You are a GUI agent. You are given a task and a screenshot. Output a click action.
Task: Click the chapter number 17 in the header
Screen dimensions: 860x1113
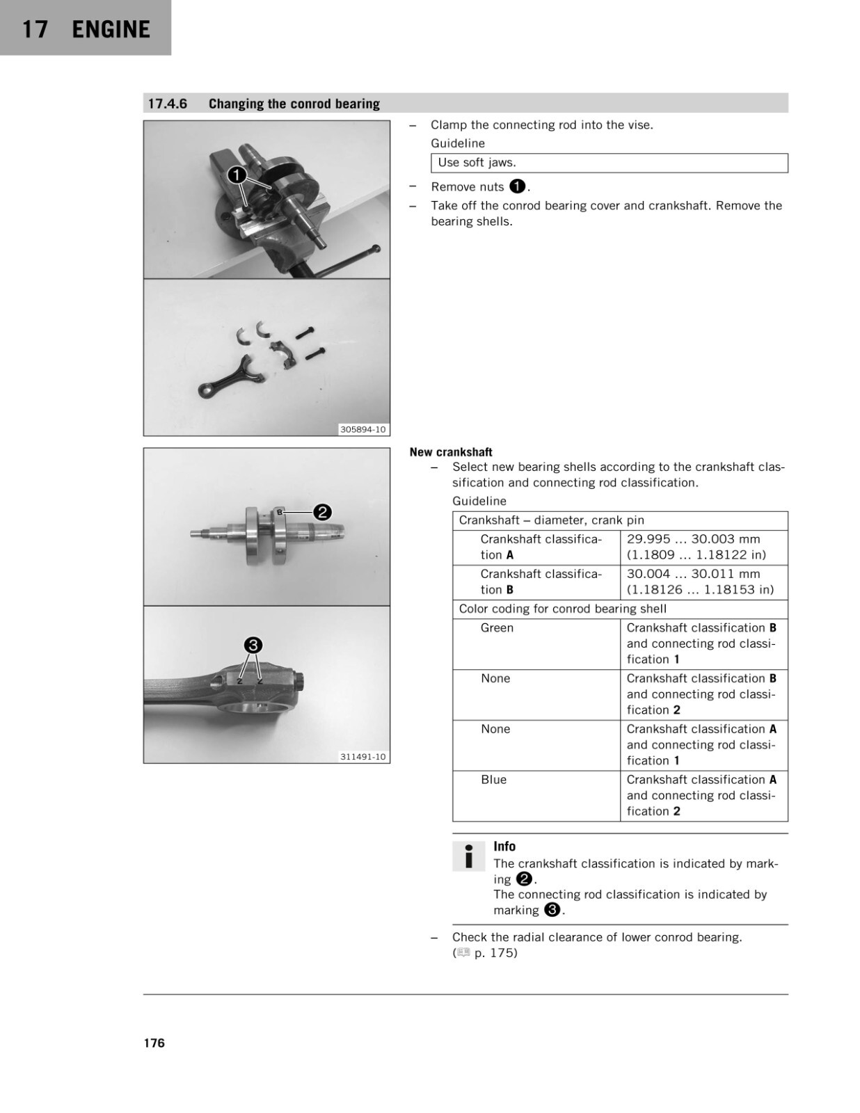[x=34, y=29]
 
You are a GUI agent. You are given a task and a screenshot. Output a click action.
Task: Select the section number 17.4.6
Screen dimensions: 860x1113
[x=168, y=104]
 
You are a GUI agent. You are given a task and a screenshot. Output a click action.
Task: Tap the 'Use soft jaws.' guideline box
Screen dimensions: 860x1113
[x=609, y=163]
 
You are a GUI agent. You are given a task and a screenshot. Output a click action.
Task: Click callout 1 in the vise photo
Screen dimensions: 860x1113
[x=237, y=175]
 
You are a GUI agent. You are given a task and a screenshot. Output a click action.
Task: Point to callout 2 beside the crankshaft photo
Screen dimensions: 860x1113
[x=322, y=512]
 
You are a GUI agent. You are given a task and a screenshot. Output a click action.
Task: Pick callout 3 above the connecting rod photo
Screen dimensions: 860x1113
[x=253, y=646]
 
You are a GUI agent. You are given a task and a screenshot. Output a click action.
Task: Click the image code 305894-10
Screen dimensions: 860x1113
[x=363, y=429]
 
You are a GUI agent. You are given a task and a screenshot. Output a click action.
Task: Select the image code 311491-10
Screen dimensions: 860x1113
[x=363, y=757]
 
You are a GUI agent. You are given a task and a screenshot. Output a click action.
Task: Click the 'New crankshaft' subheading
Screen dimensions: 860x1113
[x=451, y=452]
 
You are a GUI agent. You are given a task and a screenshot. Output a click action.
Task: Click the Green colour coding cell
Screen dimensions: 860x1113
[x=536, y=644]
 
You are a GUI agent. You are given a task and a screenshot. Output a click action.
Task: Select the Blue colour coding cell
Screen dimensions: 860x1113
[x=536, y=796]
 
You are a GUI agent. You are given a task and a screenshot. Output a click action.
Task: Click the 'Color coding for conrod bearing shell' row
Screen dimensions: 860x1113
[x=620, y=609]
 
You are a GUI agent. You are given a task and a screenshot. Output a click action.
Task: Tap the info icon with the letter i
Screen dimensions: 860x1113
[x=468, y=856]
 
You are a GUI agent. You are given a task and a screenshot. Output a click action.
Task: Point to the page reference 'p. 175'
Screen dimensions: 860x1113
[x=494, y=953]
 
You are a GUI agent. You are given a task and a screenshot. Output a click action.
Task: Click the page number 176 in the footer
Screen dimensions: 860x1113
[x=154, y=1043]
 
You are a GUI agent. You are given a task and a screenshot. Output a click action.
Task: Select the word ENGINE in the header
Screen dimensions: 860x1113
[x=111, y=29]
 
